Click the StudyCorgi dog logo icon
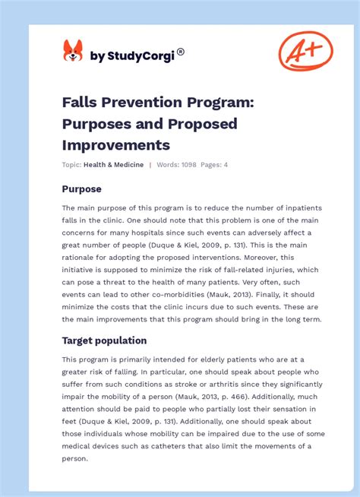pos(73,52)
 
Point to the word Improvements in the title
pos(116,144)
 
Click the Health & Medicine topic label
pos(113,165)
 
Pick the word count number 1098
pos(189,165)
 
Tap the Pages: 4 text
pos(215,165)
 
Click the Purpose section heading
pos(81,188)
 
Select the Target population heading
pos(104,340)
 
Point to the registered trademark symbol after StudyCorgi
pos(180,52)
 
